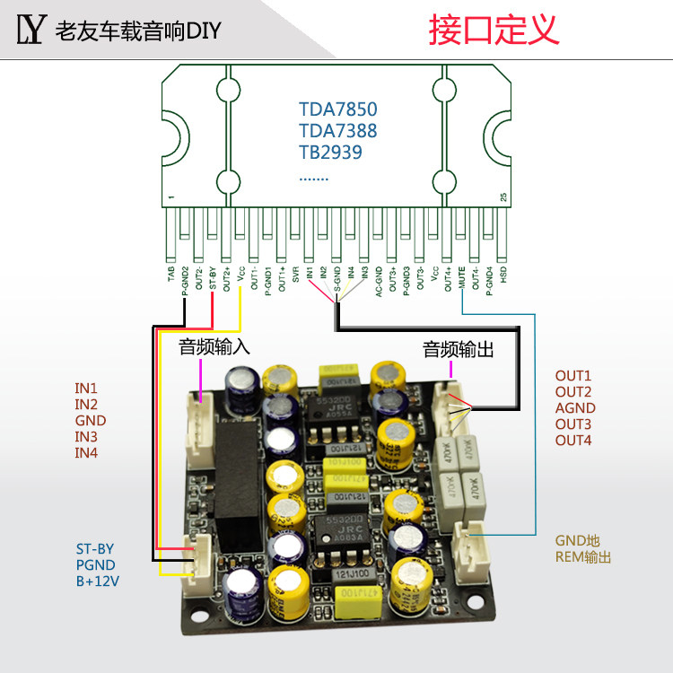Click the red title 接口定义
point(494,30)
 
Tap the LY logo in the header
point(30,31)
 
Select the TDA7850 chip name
point(338,109)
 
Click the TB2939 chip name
point(330,152)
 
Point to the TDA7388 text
point(338,131)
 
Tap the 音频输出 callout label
point(459,349)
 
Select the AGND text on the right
point(575,408)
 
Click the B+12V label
point(98,581)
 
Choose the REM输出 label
point(583,557)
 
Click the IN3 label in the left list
point(86,437)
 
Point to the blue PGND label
point(95,565)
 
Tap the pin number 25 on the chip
point(503,197)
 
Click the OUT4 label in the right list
point(573,441)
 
